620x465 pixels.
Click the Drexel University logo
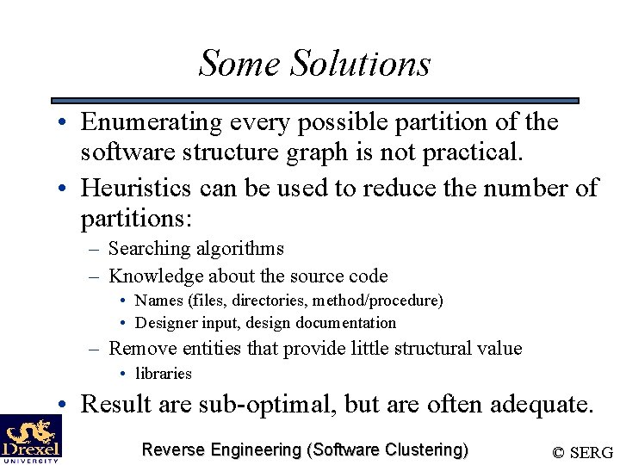31,439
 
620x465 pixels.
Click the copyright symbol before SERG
559,452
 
